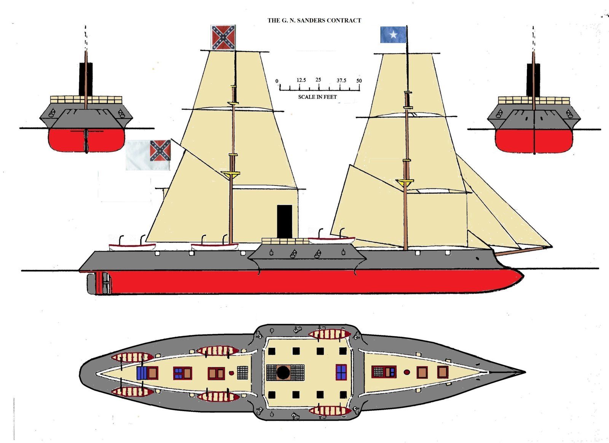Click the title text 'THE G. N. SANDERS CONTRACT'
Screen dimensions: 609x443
(x=314, y=21)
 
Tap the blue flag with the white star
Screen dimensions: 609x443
(x=393, y=35)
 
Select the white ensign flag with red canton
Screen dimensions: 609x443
(x=148, y=155)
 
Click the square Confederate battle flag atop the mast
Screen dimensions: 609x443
(x=223, y=38)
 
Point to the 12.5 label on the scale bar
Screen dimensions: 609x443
(x=301, y=80)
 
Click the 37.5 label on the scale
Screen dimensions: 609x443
(x=341, y=80)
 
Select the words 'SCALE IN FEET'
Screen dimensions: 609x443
(x=317, y=97)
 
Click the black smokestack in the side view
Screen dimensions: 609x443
(x=284, y=221)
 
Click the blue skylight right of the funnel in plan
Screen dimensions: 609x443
(x=341, y=372)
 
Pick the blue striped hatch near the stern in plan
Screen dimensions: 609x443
(x=142, y=373)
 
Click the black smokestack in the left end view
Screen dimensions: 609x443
(x=86, y=79)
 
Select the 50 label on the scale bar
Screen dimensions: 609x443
(x=359, y=81)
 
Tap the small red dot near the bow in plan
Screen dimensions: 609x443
(x=407, y=372)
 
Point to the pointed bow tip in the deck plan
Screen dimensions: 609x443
(x=525, y=372)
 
